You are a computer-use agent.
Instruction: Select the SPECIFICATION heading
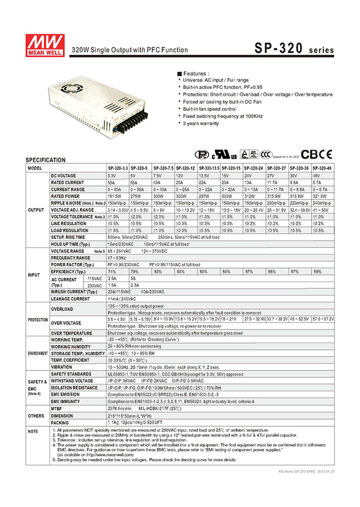(45, 160)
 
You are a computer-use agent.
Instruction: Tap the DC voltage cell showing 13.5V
(209, 175)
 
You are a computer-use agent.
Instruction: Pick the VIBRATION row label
(62, 367)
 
